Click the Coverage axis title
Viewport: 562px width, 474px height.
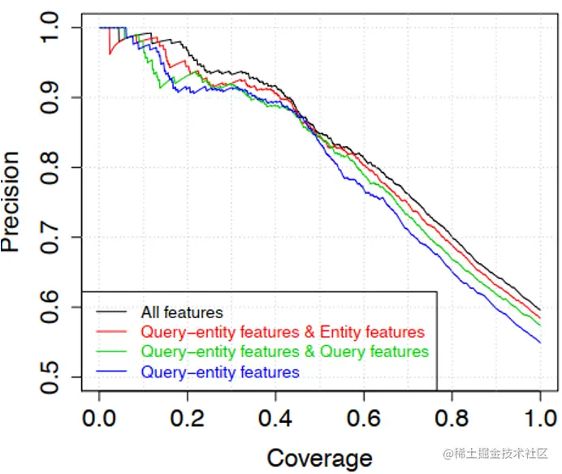click(319, 457)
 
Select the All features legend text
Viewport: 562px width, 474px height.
click(182, 312)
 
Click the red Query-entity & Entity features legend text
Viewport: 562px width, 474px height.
click(283, 332)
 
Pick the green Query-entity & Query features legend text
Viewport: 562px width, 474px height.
click(284, 352)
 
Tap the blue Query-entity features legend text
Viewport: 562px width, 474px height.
click(220, 373)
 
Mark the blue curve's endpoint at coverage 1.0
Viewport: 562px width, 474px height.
click(540, 343)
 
